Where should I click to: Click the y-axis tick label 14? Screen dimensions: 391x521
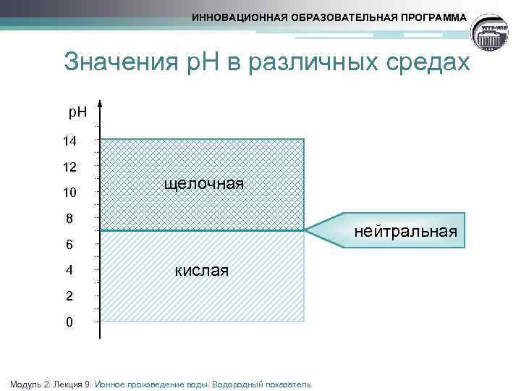point(69,140)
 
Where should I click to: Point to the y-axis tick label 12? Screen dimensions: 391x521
point(69,167)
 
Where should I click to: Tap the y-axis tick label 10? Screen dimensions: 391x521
point(69,193)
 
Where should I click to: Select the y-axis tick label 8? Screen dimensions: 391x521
point(69,219)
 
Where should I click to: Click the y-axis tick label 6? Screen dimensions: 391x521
point(69,245)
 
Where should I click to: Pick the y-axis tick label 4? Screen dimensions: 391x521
point(69,271)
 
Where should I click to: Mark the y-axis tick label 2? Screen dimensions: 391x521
point(69,296)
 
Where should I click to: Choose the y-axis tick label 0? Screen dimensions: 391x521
point(69,322)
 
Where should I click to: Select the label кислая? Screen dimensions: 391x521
point(201,271)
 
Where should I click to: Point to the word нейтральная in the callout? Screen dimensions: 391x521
point(405,231)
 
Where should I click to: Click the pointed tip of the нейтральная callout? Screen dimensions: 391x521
point(306,230)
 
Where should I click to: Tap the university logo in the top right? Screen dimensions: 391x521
point(493,33)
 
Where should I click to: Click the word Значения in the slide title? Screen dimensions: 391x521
point(119,62)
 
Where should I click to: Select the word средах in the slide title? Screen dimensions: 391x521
point(431,62)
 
